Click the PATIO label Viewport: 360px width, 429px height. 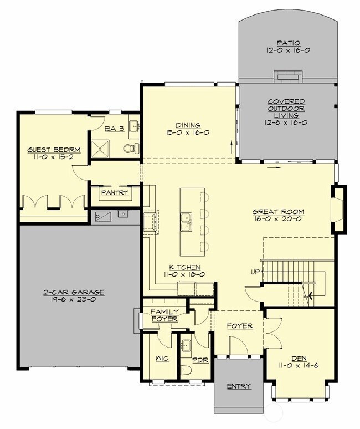tap(289, 43)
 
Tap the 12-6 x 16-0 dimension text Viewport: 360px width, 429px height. tap(286, 122)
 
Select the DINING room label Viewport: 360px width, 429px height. tap(188, 126)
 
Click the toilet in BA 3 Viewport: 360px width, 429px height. tap(131, 149)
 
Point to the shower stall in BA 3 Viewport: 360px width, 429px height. tap(100, 149)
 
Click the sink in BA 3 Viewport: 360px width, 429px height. tap(134, 126)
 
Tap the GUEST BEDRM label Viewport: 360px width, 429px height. tap(54, 150)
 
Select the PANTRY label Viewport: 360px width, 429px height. tap(115, 193)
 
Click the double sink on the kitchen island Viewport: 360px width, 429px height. tap(186, 222)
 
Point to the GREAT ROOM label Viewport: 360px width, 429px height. tap(278, 212)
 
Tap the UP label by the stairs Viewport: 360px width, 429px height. tap(255, 272)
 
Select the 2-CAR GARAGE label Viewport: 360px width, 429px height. tap(74, 292)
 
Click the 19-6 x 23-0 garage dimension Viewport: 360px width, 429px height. tap(73, 299)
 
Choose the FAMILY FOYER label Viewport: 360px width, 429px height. tap(164, 315)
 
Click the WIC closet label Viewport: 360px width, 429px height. tap(162, 359)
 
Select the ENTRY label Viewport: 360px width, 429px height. tap(239, 386)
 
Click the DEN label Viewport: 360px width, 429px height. tap(299, 359)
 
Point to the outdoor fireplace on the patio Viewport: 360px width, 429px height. tap(289, 76)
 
